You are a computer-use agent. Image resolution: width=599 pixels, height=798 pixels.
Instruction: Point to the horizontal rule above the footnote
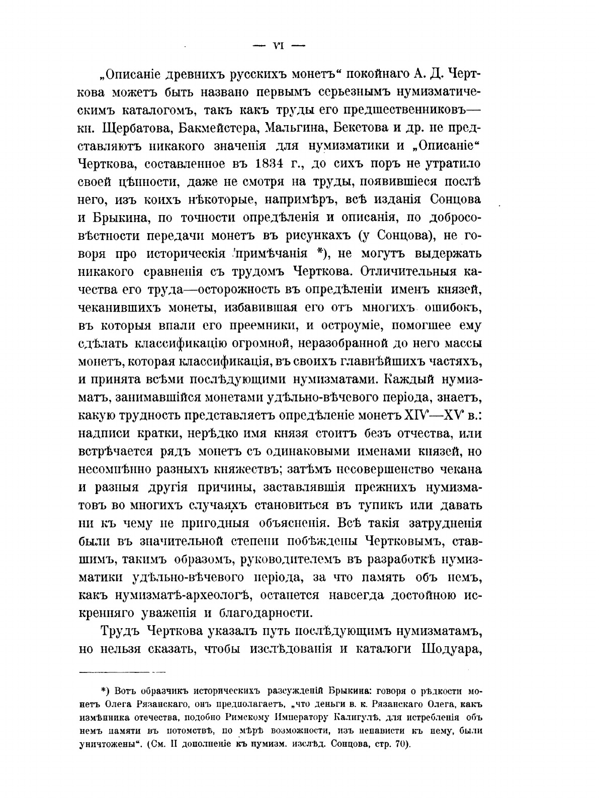pyautogui.click(x=123, y=671)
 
